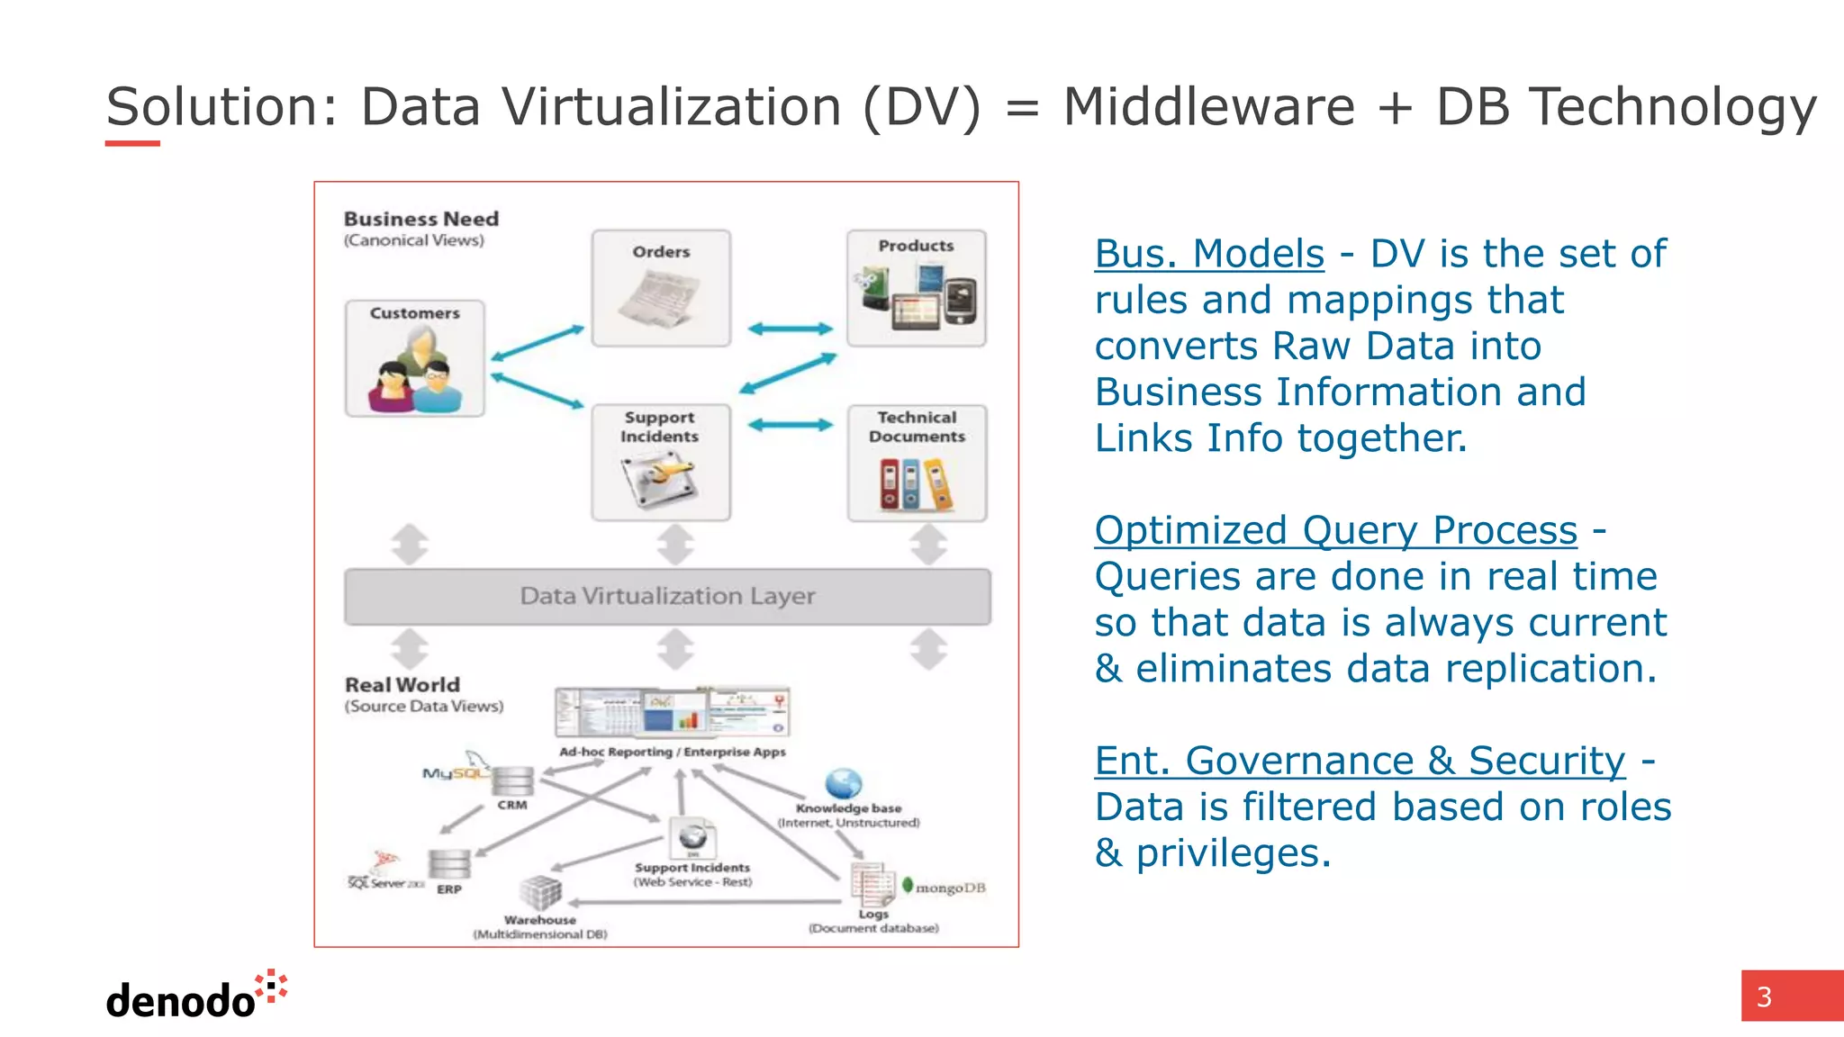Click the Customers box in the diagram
pyautogui.click(x=415, y=358)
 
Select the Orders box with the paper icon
pyautogui.click(x=661, y=288)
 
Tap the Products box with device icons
pyautogui.click(x=916, y=288)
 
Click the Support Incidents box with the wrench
pyautogui.click(x=661, y=463)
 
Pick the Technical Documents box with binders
pyautogui.click(x=917, y=463)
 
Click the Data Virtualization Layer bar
pyautogui.click(x=667, y=596)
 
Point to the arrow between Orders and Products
pyautogui.click(x=790, y=329)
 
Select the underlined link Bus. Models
pyautogui.click(x=1209, y=254)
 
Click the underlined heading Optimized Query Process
pyautogui.click(x=1335, y=530)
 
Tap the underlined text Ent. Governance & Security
pyautogui.click(x=1360, y=761)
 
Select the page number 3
pyautogui.click(x=1765, y=996)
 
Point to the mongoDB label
pyautogui.click(x=949, y=888)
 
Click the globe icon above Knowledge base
pyautogui.click(x=844, y=783)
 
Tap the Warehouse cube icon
pyautogui.click(x=540, y=894)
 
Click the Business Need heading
pyautogui.click(x=420, y=219)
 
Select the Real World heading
pyautogui.click(x=402, y=685)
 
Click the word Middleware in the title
pyautogui.click(x=1208, y=107)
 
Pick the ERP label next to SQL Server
pyautogui.click(x=449, y=889)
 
